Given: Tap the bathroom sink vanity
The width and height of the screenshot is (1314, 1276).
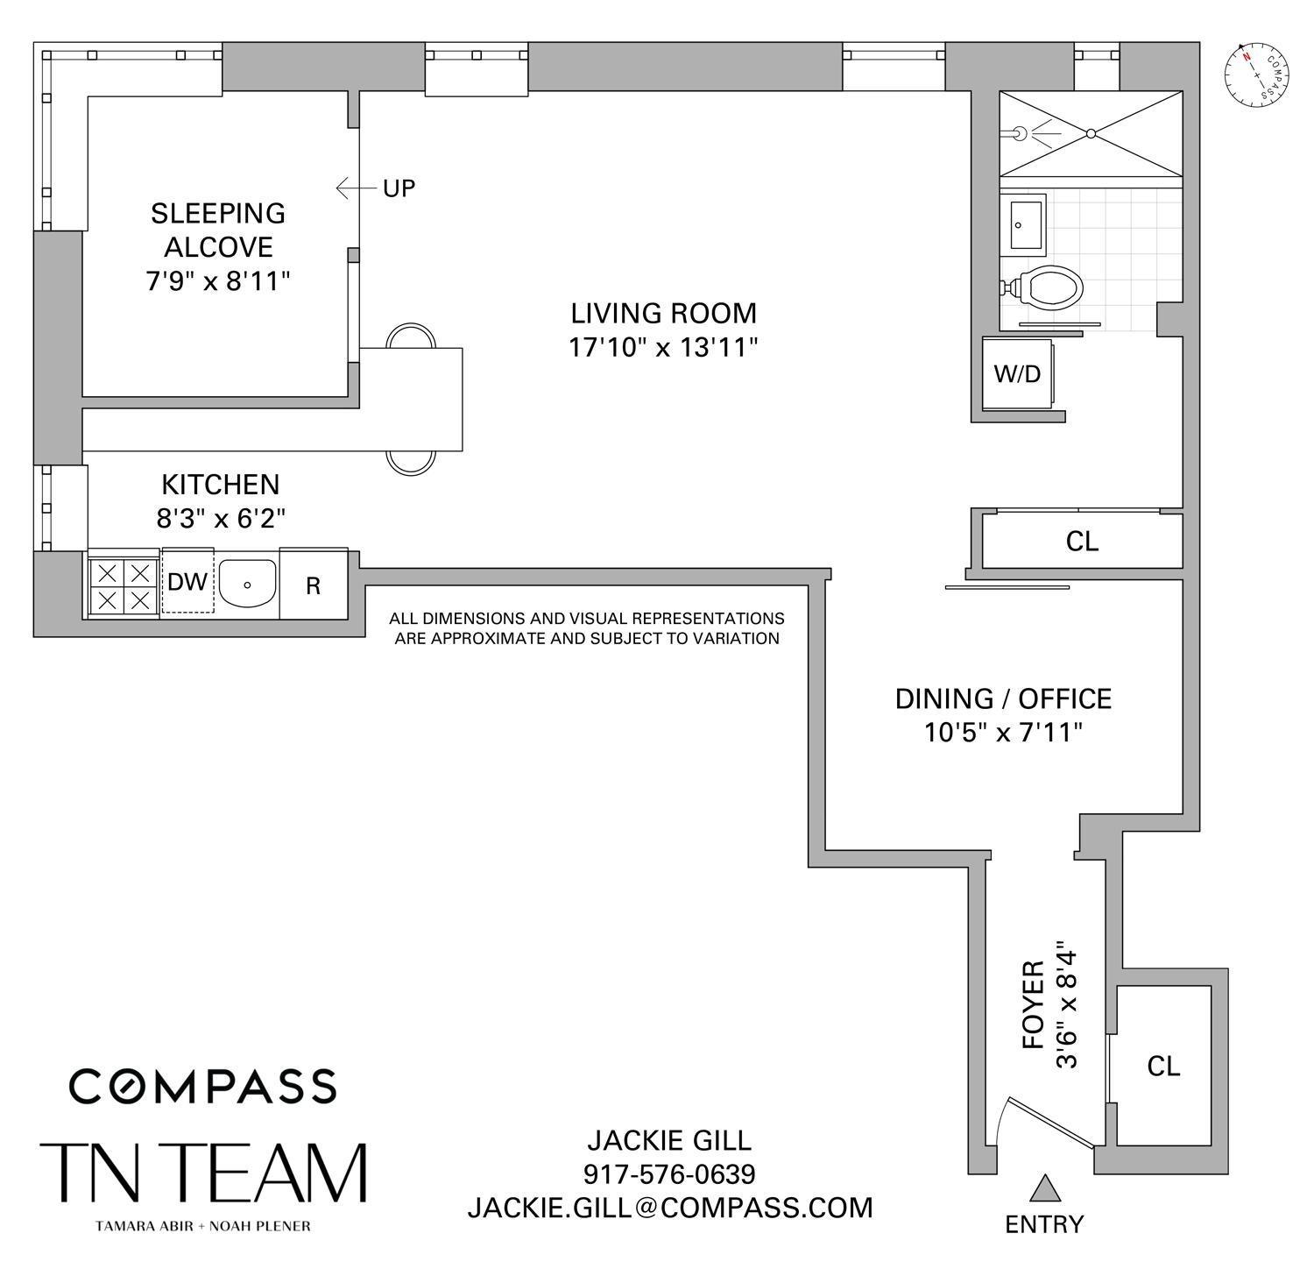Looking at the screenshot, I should (x=1021, y=225).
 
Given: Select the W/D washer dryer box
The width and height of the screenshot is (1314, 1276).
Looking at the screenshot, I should (x=1017, y=374).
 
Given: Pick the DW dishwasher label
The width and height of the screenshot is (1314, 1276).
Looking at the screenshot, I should (x=187, y=582).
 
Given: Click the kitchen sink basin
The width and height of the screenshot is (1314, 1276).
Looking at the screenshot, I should (x=247, y=583).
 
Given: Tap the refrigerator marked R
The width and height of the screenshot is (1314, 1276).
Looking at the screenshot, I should (x=313, y=585).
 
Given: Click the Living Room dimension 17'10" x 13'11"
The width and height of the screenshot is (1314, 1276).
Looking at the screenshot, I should (x=662, y=348).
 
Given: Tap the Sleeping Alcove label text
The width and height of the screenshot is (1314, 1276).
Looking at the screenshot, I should (x=218, y=230).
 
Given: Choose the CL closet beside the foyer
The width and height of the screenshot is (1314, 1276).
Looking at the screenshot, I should (x=1163, y=1066).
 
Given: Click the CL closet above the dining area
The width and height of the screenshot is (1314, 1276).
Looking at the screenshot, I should (x=1082, y=542).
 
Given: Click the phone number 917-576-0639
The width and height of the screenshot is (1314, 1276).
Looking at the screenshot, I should (x=669, y=1173).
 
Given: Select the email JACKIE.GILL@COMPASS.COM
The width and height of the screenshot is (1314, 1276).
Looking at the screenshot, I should (x=669, y=1208).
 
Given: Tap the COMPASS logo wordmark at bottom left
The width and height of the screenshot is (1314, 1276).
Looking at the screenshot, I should (x=202, y=1086).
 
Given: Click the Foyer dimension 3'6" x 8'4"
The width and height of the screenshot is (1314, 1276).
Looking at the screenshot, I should (x=1065, y=1004).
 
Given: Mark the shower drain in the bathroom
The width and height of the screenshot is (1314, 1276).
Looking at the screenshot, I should (x=1091, y=133).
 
